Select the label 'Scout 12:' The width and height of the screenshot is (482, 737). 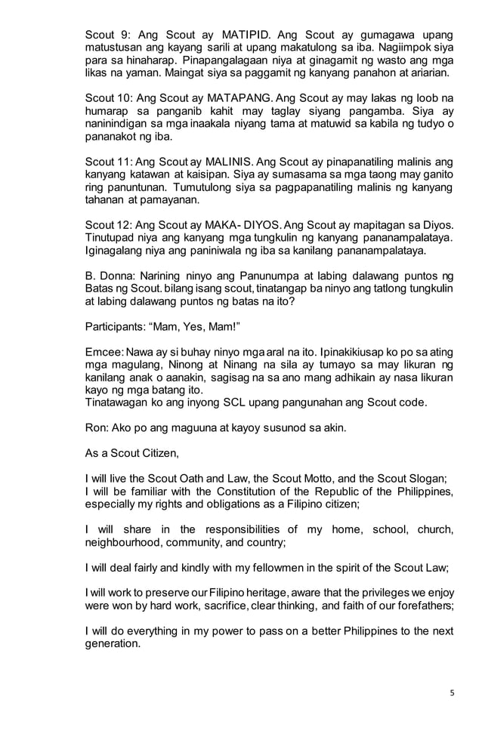(x=106, y=225)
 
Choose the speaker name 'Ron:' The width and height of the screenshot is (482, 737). (x=96, y=427)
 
